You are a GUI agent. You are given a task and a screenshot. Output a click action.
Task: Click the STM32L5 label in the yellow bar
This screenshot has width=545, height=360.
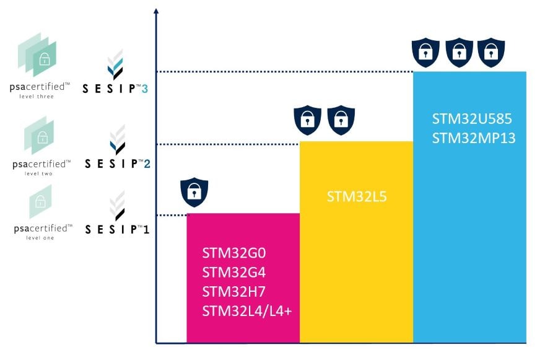click(x=356, y=197)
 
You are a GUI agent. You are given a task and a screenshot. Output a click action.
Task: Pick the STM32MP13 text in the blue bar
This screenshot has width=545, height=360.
click(x=473, y=137)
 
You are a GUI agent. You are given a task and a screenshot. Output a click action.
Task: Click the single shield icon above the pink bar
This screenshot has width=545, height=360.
click(x=194, y=191)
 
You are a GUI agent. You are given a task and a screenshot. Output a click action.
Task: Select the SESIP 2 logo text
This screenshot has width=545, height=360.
click(x=117, y=164)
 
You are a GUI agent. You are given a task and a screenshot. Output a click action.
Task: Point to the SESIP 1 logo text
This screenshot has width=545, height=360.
click(x=117, y=229)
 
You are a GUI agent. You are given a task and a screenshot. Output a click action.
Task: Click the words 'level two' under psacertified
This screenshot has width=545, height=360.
click(x=39, y=174)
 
